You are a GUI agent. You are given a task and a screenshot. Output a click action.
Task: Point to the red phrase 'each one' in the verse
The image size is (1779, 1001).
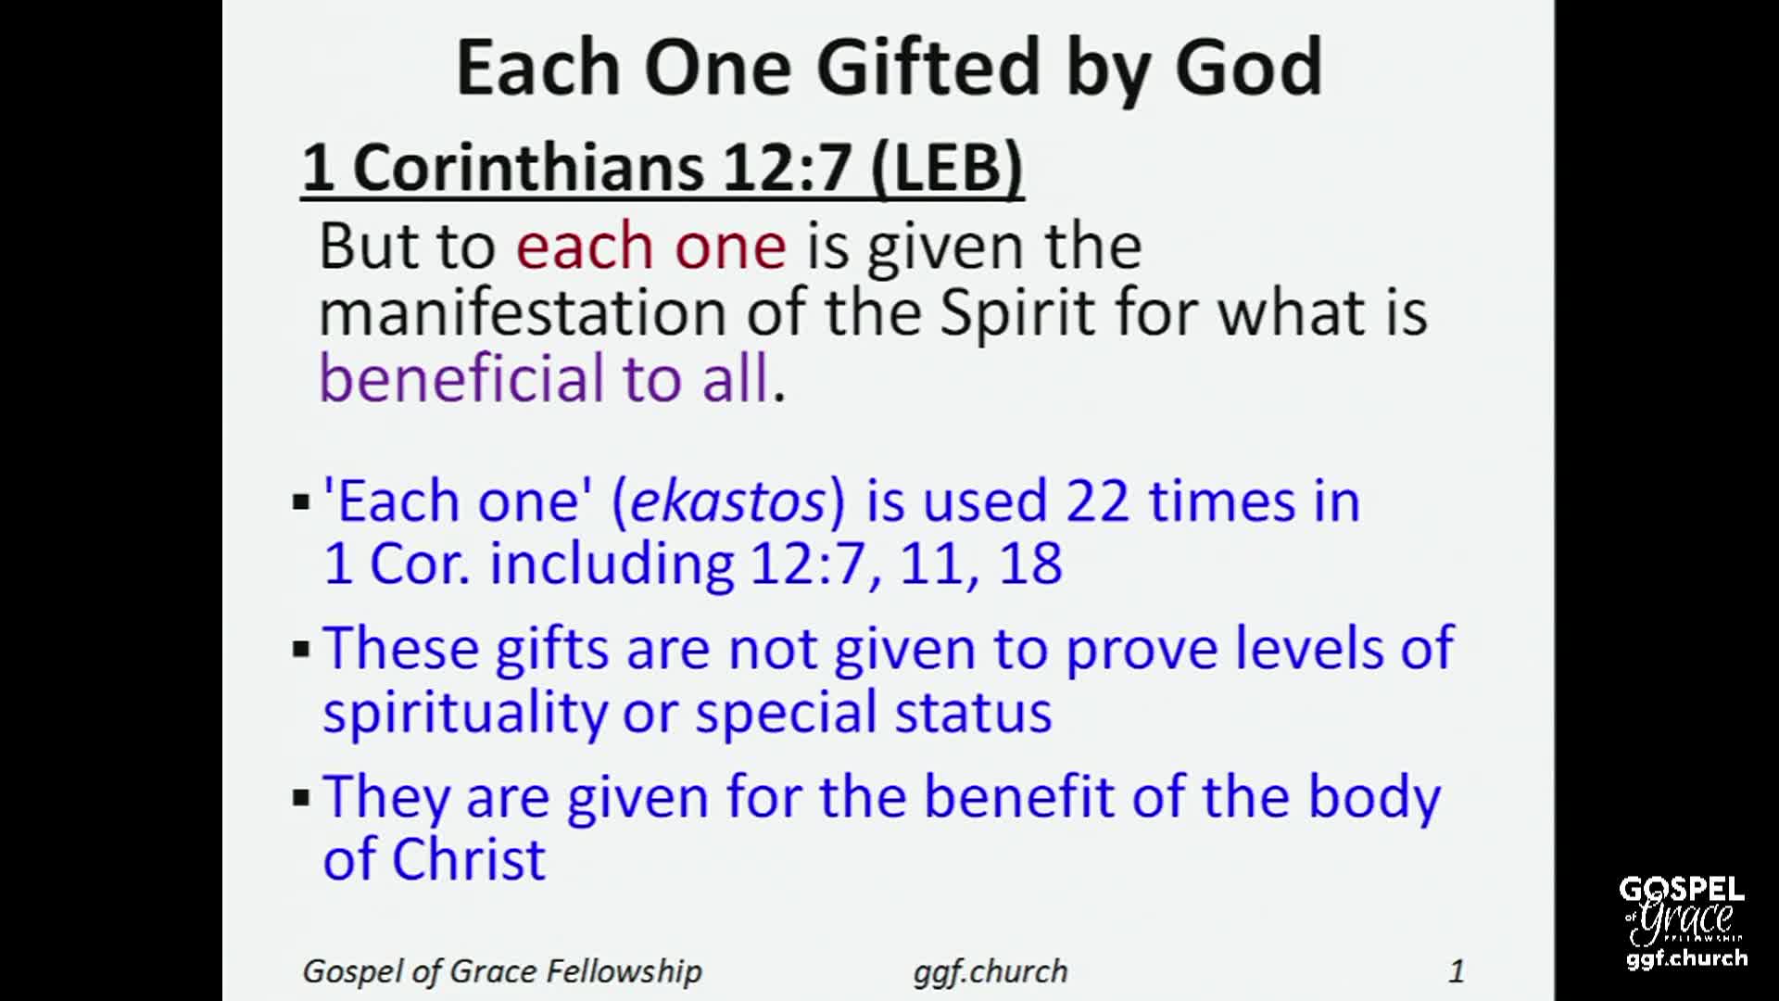coord(651,247)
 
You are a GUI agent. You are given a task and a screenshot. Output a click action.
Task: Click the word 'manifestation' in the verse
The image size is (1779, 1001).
coord(522,312)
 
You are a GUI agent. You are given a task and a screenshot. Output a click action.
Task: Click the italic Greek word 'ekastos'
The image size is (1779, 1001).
coord(727,501)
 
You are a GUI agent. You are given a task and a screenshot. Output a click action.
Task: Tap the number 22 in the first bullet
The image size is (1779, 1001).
coord(1098,501)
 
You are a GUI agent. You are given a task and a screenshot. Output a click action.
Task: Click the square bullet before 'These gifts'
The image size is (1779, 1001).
coord(300,649)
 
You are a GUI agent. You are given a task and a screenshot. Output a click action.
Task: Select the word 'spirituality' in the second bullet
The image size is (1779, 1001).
coord(463,712)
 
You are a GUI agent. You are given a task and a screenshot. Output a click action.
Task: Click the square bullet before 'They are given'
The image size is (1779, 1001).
coord(300,797)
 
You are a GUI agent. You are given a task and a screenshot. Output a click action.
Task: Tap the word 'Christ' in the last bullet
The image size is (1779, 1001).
coord(468,858)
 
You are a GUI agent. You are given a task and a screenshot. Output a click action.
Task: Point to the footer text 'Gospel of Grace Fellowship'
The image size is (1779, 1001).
coord(502,970)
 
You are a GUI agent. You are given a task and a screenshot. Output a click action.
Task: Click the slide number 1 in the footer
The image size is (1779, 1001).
coord(1457,970)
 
